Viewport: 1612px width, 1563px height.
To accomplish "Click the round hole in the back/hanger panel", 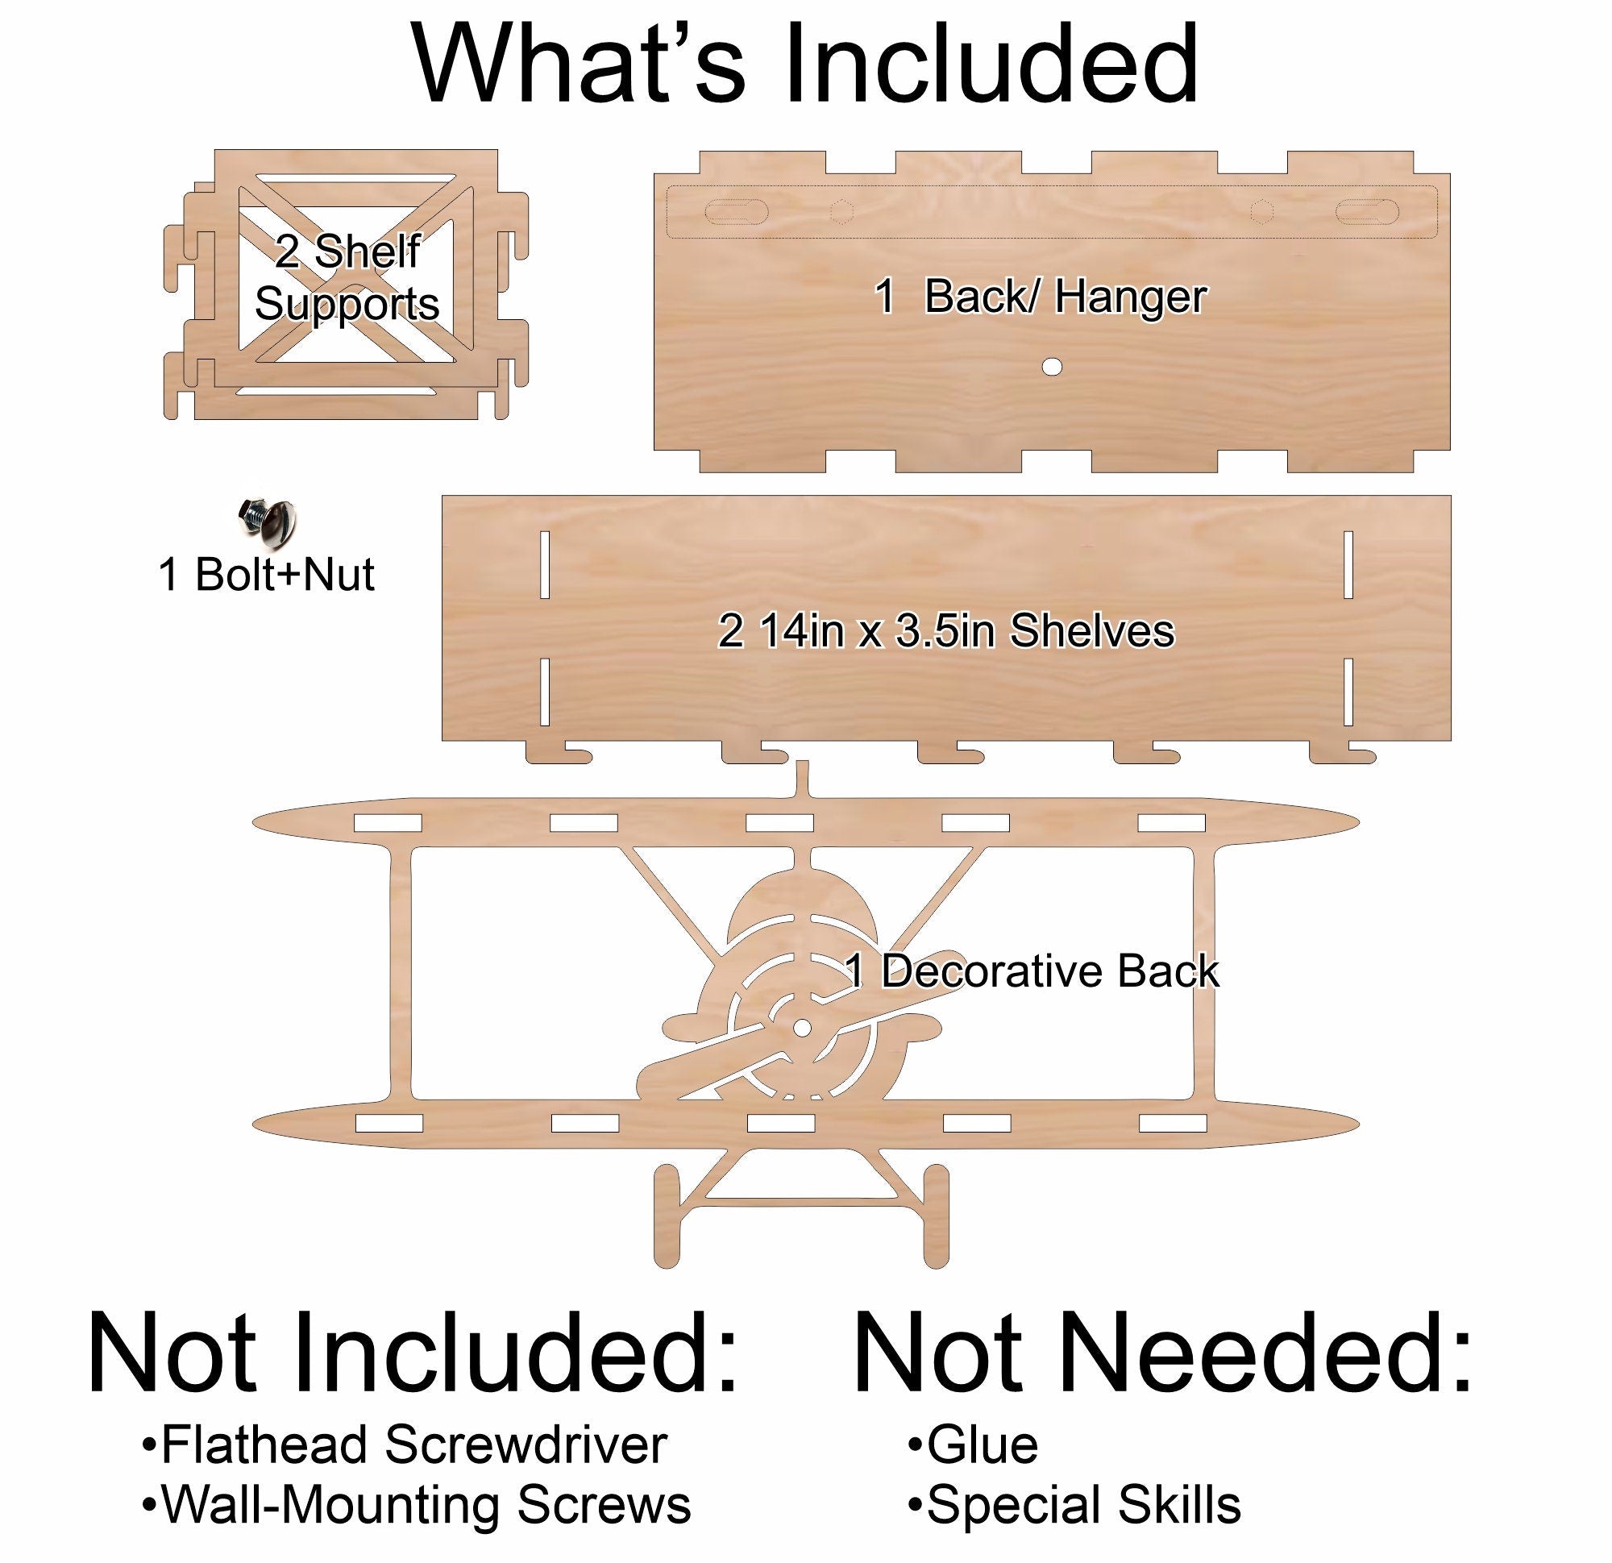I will (1052, 367).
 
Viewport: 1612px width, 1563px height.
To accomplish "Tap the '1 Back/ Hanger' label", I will (1041, 297).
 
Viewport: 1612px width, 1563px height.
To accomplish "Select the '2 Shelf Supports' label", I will (347, 278).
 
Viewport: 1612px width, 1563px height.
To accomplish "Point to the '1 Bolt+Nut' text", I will (266, 574).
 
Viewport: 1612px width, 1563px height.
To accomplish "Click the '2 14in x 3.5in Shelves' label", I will (945, 632).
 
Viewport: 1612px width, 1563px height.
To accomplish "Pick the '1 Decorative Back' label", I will (1032, 971).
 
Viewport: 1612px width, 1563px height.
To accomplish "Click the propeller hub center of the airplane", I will (801, 1029).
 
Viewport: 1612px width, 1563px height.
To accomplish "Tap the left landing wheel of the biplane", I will (668, 1216).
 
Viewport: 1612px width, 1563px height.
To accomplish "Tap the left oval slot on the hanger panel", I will (736, 212).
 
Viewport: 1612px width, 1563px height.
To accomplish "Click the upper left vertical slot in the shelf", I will (545, 564).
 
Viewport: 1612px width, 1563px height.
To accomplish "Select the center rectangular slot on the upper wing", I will (779, 823).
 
